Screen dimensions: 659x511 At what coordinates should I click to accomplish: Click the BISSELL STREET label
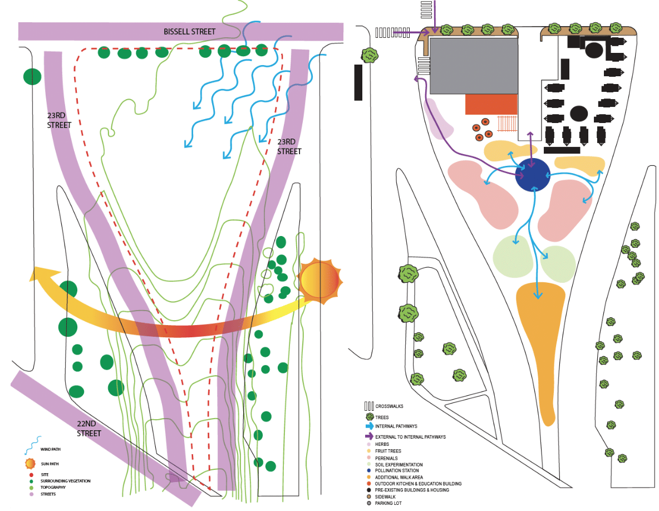tap(190, 32)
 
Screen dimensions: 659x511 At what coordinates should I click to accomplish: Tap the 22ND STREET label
tap(89, 428)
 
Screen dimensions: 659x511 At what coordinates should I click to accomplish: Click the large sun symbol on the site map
tap(320, 281)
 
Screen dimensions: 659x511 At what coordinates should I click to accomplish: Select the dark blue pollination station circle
tap(533, 175)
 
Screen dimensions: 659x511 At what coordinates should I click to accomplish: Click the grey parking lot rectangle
tap(474, 66)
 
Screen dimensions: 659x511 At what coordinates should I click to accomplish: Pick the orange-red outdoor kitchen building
tap(491, 104)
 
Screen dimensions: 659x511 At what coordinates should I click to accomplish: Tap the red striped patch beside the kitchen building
tap(507, 124)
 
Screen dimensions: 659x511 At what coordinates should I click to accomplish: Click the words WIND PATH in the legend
tap(51, 449)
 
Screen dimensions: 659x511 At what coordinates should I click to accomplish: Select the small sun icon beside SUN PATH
tap(30, 464)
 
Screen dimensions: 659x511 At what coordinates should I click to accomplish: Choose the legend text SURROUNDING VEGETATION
tap(66, 481)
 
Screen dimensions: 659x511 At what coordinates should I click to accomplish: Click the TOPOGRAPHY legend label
tap(53, 488)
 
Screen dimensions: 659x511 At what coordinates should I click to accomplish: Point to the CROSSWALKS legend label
tap(389, 406)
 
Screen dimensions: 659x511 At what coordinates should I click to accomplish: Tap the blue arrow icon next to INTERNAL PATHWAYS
tap(370, 426)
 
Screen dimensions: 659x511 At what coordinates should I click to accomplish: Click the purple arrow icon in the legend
tap(370, 436)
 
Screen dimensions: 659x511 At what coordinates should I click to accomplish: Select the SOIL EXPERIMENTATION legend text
tap(399, 465)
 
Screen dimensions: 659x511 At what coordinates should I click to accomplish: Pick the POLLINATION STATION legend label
tap(397, 471)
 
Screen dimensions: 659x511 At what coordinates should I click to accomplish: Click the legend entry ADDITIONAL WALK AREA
tap(399, 478)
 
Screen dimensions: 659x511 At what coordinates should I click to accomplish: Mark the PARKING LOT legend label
tap(388, 503)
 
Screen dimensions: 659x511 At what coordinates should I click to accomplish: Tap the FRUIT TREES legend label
tap(388, 451)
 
